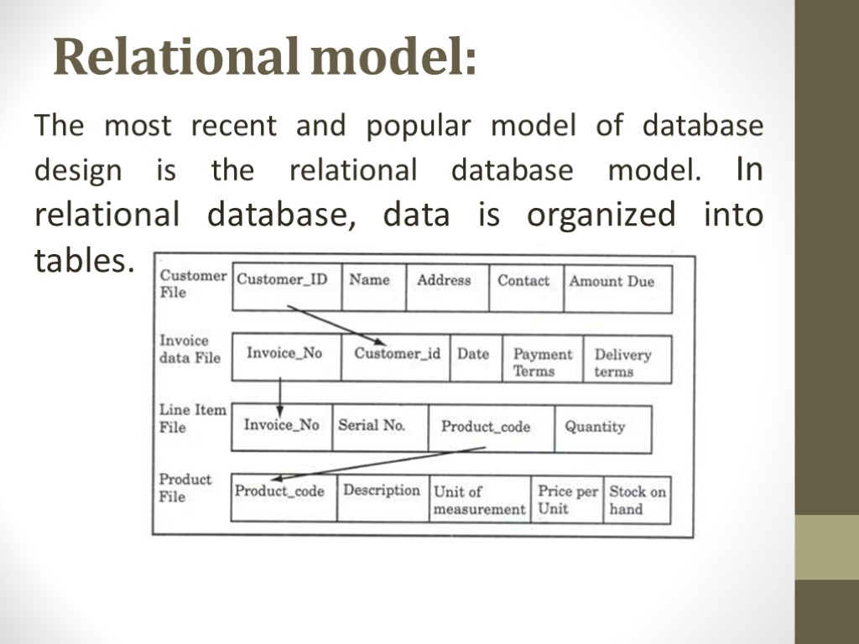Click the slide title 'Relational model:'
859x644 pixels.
pyautogui.click(x=265, y=58)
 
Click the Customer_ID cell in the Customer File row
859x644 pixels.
pyautogui.click(x=283, y=280)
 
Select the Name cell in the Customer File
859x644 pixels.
pyautogui.click(x=370, y=280)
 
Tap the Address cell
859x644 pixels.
pyautogui.click(x=444, y=280)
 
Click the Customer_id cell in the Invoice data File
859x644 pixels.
pyautogui.click(x=397, y=354)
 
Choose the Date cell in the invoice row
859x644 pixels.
pyautogui.click(x=473, y=354)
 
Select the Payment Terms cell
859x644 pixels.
pyautogui.click(x=542, y=362)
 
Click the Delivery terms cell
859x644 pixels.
pyautogui.click(x=622, y=362)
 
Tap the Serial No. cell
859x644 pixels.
pyautogui.click(x=372, y=425)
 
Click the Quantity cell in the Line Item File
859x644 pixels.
pyautogui.click(x=595, y=427)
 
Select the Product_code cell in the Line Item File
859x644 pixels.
pyautogui.click(x=486, y=427)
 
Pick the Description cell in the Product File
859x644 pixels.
pyautogui.click(x=382, y=491)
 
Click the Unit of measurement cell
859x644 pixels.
pyautogui.click(x=479, y=500)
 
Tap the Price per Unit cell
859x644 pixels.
pyautogui.click(x=567, y=500)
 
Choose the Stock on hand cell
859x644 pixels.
pyautogui.click(x=637, y=500)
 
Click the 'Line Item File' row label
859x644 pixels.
pyautogui.click(x=192, y=418)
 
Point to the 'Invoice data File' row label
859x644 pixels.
pyautogui.click(x=190, y=349)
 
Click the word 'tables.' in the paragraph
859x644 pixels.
pyautogui.click(x=84, y=262)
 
